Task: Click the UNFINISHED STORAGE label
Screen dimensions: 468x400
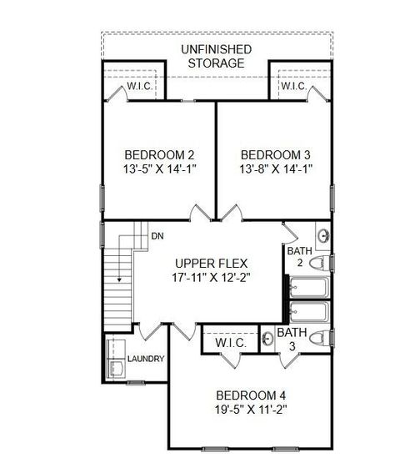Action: pos(216,55)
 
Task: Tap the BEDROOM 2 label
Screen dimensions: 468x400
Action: pos(159,155)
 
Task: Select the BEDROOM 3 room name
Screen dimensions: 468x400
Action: pos(275,155)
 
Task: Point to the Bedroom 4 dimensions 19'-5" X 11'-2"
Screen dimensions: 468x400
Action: pos(251,410)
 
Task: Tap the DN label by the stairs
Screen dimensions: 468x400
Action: pos(157,236)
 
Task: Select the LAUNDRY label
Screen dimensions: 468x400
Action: pos(146,360)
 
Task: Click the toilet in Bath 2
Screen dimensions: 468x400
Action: pos(317,263)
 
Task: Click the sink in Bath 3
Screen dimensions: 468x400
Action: pos(269,339)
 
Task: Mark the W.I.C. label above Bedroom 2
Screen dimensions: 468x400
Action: pos(137,87)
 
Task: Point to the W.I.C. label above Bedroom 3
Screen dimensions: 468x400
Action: pos(292,87)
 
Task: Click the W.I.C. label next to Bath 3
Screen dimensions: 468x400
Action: pos(228,342)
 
